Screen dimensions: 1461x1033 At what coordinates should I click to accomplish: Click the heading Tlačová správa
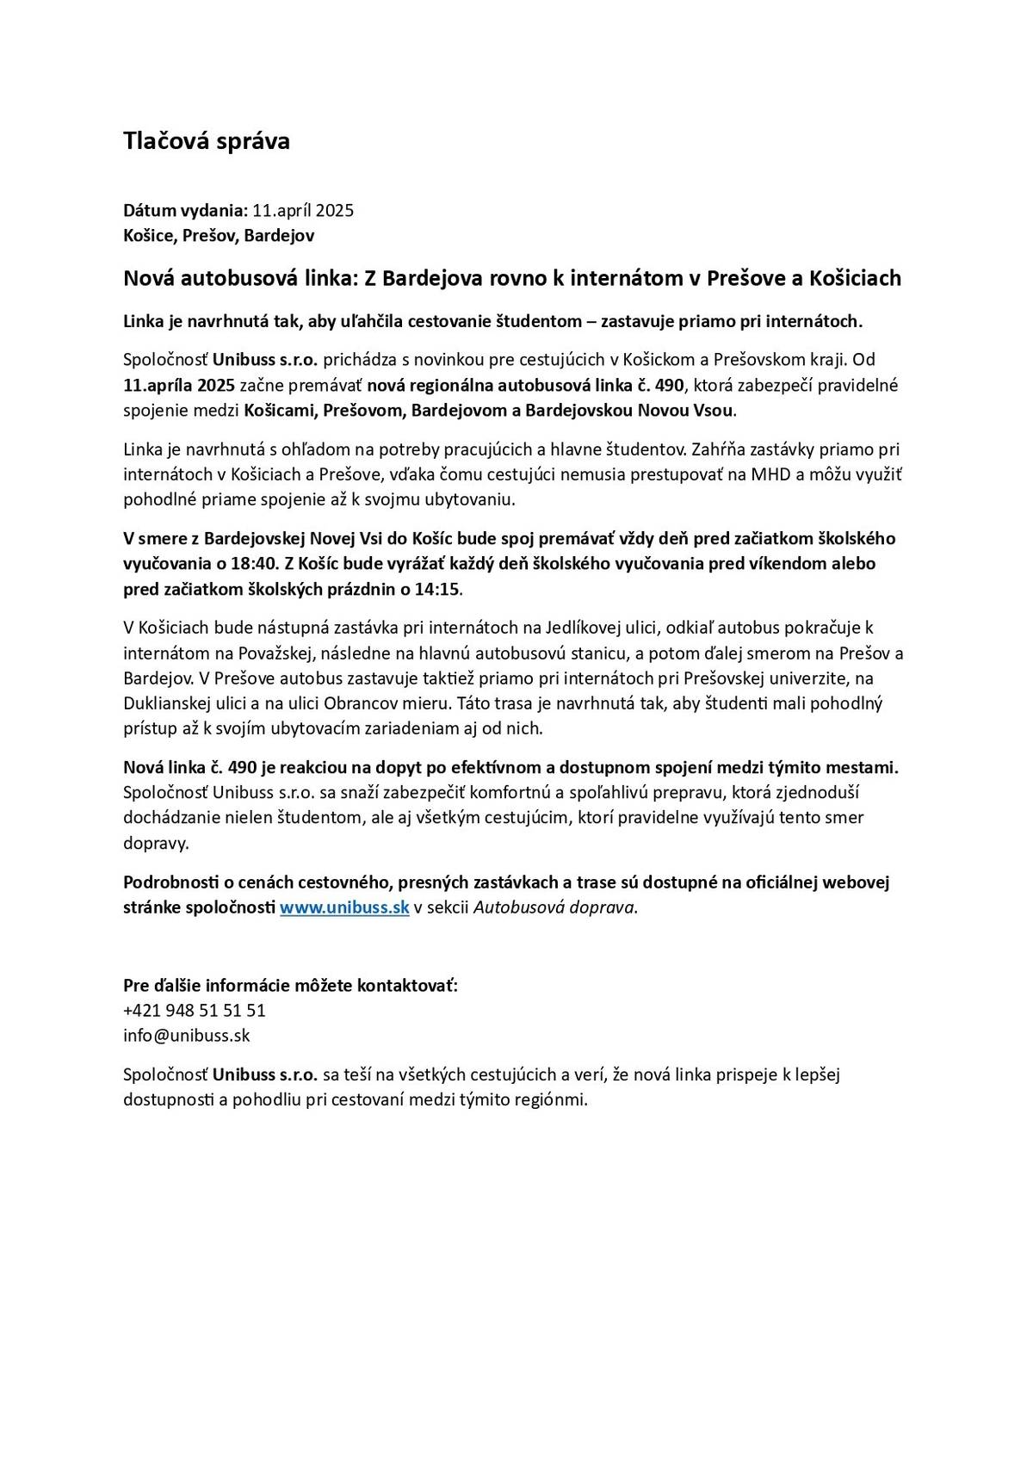point(207,141)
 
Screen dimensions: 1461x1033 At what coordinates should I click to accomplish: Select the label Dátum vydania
point(184,210)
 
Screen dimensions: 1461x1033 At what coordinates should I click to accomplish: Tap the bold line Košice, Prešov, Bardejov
point(219,235)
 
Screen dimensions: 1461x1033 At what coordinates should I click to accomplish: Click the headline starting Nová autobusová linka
point(512,278)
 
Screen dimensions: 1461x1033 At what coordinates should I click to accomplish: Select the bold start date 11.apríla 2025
point(179,385)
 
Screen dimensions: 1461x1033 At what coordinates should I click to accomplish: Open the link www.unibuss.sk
point(344,907)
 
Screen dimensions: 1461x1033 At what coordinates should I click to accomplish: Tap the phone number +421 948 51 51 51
point(195,1010)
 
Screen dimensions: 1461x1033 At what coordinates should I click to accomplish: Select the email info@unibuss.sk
point(186,1036)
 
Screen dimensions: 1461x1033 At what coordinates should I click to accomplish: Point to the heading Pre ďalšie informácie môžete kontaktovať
point(290,985)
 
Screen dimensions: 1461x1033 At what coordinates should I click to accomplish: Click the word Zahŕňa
point(718,449)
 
